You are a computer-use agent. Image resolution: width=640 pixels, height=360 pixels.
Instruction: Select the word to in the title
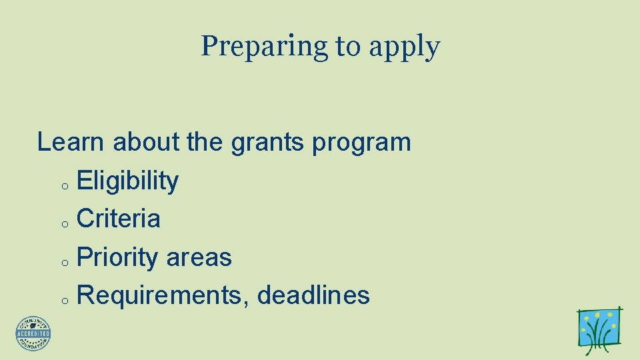[x=347, y=47]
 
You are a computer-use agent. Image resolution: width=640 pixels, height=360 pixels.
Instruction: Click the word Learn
[x=71, y=142]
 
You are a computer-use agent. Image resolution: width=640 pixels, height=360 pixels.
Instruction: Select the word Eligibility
[x=128, y=181]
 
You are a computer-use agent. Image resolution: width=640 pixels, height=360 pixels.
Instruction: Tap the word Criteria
[x=119, y=219]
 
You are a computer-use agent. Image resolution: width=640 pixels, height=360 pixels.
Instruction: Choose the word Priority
[x=117, y=258]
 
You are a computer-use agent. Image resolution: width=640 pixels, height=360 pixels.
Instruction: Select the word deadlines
[x=313, y=295]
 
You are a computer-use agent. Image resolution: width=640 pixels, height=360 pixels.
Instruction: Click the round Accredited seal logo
[x=33, y=333]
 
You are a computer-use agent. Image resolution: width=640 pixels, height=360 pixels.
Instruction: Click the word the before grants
[x=205, y=142]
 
